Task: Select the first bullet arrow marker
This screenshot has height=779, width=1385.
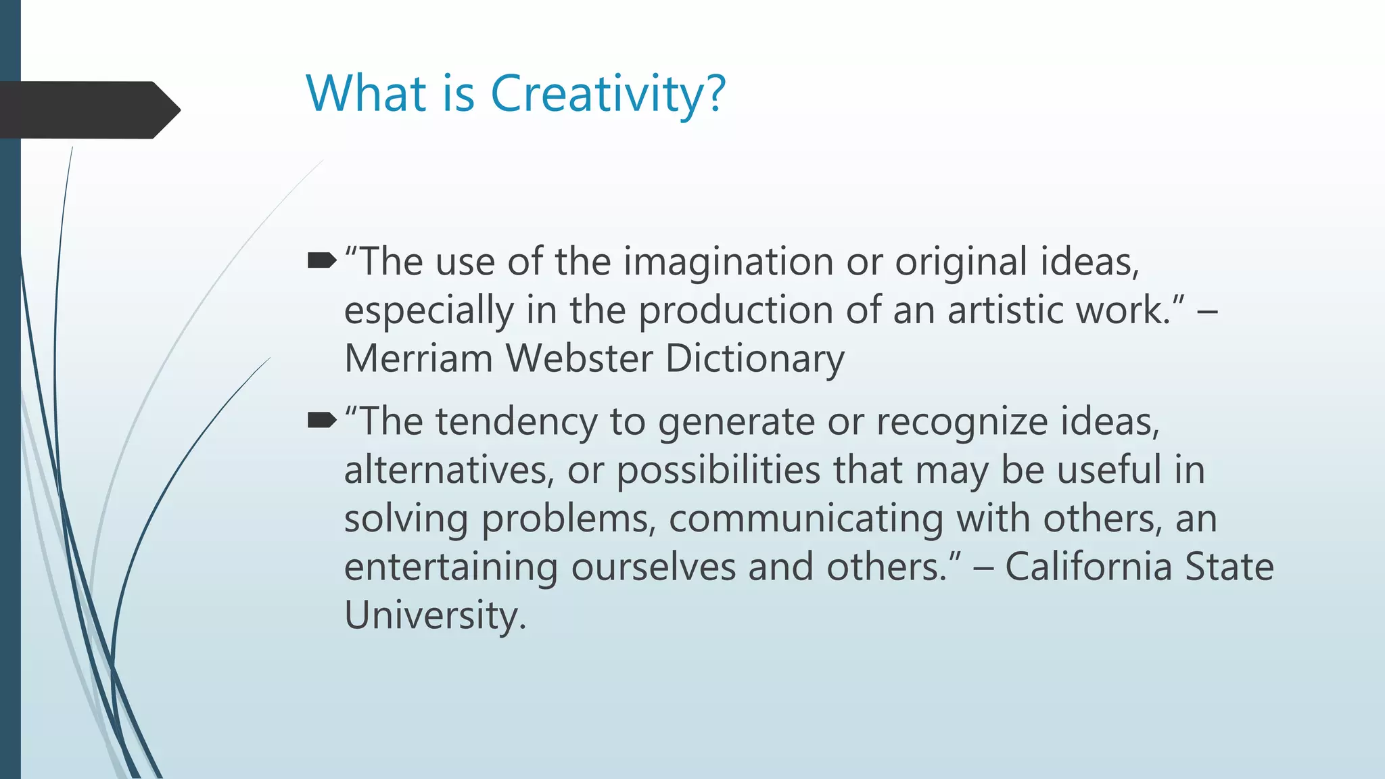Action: coord(322,260)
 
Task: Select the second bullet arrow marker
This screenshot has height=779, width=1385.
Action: coord(322,421)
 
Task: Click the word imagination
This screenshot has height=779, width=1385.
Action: coord(728,262)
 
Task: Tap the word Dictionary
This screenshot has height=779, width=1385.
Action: coord(755,359)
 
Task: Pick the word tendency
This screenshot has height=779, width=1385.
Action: coord(516,423)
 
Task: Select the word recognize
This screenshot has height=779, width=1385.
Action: coord(962,423)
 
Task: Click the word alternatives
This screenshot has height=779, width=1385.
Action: coord(449,470)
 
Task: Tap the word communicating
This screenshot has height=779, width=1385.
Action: coord(805,519)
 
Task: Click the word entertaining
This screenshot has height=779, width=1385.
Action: coord(450,567)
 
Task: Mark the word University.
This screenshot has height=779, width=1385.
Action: coord(435,615)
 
